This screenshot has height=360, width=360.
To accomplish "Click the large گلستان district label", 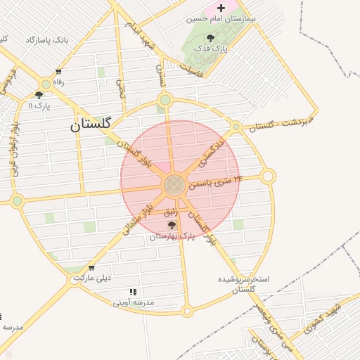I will coord(91,125).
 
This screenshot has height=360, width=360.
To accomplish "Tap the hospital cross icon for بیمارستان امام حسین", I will coord(221,8).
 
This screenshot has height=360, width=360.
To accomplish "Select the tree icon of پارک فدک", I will coord(210,37).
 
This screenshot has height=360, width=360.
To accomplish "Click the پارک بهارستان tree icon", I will coord(171,226).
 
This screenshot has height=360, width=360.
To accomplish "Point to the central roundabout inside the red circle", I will coord(174,185).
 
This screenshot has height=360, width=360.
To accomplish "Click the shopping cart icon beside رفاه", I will coord(58,72).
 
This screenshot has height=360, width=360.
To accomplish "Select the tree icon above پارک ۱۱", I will coord(39,94).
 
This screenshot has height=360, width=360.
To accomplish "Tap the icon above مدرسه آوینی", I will coord(133,292).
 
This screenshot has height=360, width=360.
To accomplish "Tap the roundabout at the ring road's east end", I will coord(267,176).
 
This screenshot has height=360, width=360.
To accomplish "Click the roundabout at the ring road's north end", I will coord(165,101).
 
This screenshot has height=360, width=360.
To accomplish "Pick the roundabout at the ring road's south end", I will coord(186,311).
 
